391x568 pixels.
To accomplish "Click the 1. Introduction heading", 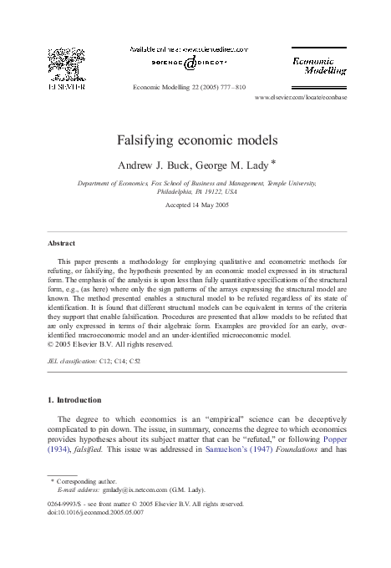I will [81, 400].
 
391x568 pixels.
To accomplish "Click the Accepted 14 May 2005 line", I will [196, 205].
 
